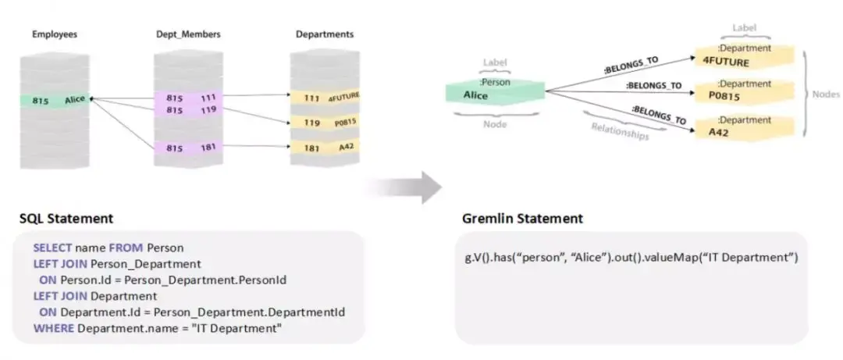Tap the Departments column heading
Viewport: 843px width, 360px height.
[x=324, y=34]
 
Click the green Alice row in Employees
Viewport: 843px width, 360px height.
[x=59, y=100]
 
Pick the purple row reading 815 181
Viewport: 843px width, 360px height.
[x=186, y=148]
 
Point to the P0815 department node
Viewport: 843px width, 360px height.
[x=743, y=90]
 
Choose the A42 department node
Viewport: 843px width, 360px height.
[x=743, y=127]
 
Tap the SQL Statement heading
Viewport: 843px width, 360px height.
[x=66, y=219]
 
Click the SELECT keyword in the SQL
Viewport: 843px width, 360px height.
[x=52, y=248]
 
